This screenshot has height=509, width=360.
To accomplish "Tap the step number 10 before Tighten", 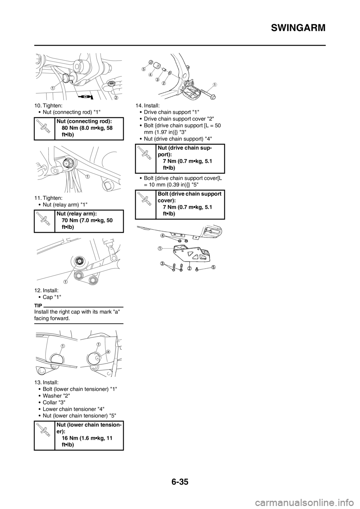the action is [x=37, y=106].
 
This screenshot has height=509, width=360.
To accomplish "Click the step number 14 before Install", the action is [x=139, y=106].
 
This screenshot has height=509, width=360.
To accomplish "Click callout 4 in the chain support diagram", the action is [x=163, y=235].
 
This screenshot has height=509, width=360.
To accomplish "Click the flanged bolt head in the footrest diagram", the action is [x=213, y=97].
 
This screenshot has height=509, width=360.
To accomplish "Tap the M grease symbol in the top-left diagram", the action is [x=85, y=97].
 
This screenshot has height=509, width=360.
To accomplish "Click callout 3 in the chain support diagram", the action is [x=162, y=263].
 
